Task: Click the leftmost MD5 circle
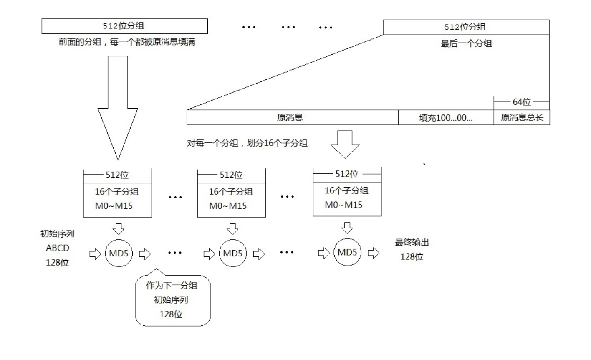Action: point(119,254)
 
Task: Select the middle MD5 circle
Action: point(232,254)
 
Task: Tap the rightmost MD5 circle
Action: point(347,253)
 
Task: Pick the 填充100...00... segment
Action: point(446,117)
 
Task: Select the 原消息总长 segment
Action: point(522,117)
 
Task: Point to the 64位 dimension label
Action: point(521,102)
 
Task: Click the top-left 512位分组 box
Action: point(124,26)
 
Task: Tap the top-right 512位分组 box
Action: point(466,27)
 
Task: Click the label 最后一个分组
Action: point(466,43)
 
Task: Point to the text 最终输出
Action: point(412,243)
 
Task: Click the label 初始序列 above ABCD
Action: point(57,234)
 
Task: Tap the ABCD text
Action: point(57,248)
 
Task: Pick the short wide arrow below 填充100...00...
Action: point(345,144)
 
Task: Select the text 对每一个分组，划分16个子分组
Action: point(247,143)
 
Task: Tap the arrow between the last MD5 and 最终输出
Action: point(373,253)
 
